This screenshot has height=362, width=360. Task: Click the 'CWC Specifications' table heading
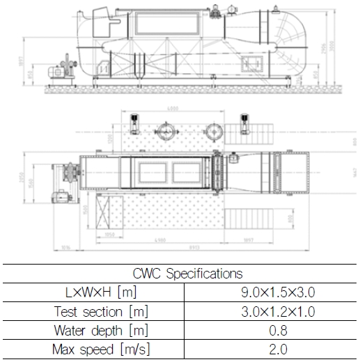point(180,274)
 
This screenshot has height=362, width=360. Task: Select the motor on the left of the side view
point(54,72)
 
